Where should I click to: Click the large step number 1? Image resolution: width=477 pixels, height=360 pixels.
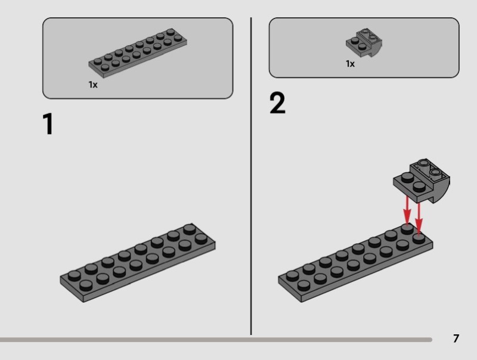49,124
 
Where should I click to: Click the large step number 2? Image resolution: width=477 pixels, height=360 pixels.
277,103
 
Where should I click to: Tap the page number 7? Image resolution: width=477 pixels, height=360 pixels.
456,339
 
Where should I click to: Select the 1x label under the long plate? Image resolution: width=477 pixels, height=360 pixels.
93,85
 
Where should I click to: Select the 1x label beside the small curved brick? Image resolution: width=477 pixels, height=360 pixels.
350,64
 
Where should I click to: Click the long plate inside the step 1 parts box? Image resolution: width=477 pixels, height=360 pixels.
138,53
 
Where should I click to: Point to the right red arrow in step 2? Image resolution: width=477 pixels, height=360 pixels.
419,218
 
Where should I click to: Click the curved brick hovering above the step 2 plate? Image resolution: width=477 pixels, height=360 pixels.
422,181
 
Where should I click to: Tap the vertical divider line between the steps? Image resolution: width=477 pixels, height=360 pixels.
251,176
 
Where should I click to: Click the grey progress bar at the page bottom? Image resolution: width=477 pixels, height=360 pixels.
216,340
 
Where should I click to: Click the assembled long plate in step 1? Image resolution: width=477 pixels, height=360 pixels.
138,263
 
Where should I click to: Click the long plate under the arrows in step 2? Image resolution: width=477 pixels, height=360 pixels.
355,263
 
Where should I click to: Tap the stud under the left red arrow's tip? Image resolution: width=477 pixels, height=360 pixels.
407,228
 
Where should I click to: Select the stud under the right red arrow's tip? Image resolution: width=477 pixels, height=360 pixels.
419,238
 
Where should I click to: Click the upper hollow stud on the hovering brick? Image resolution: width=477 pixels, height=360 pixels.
423,163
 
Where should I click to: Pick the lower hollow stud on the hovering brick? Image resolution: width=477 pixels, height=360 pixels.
435,173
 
